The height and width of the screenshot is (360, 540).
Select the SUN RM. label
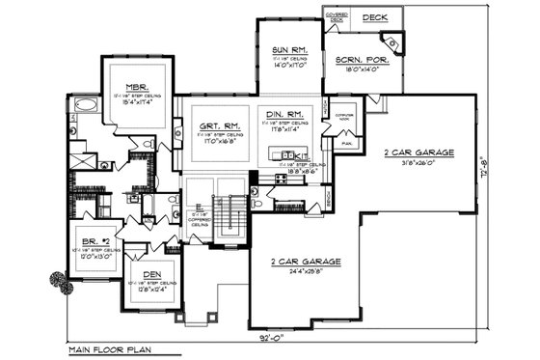[x=290, y=48]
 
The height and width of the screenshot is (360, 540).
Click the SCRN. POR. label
[x=358, y=60]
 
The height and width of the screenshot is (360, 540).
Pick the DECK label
[x=374, y=18]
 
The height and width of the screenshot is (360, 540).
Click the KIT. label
[x=299, y=155]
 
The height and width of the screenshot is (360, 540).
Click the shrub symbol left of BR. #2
[x=59, y=281]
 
